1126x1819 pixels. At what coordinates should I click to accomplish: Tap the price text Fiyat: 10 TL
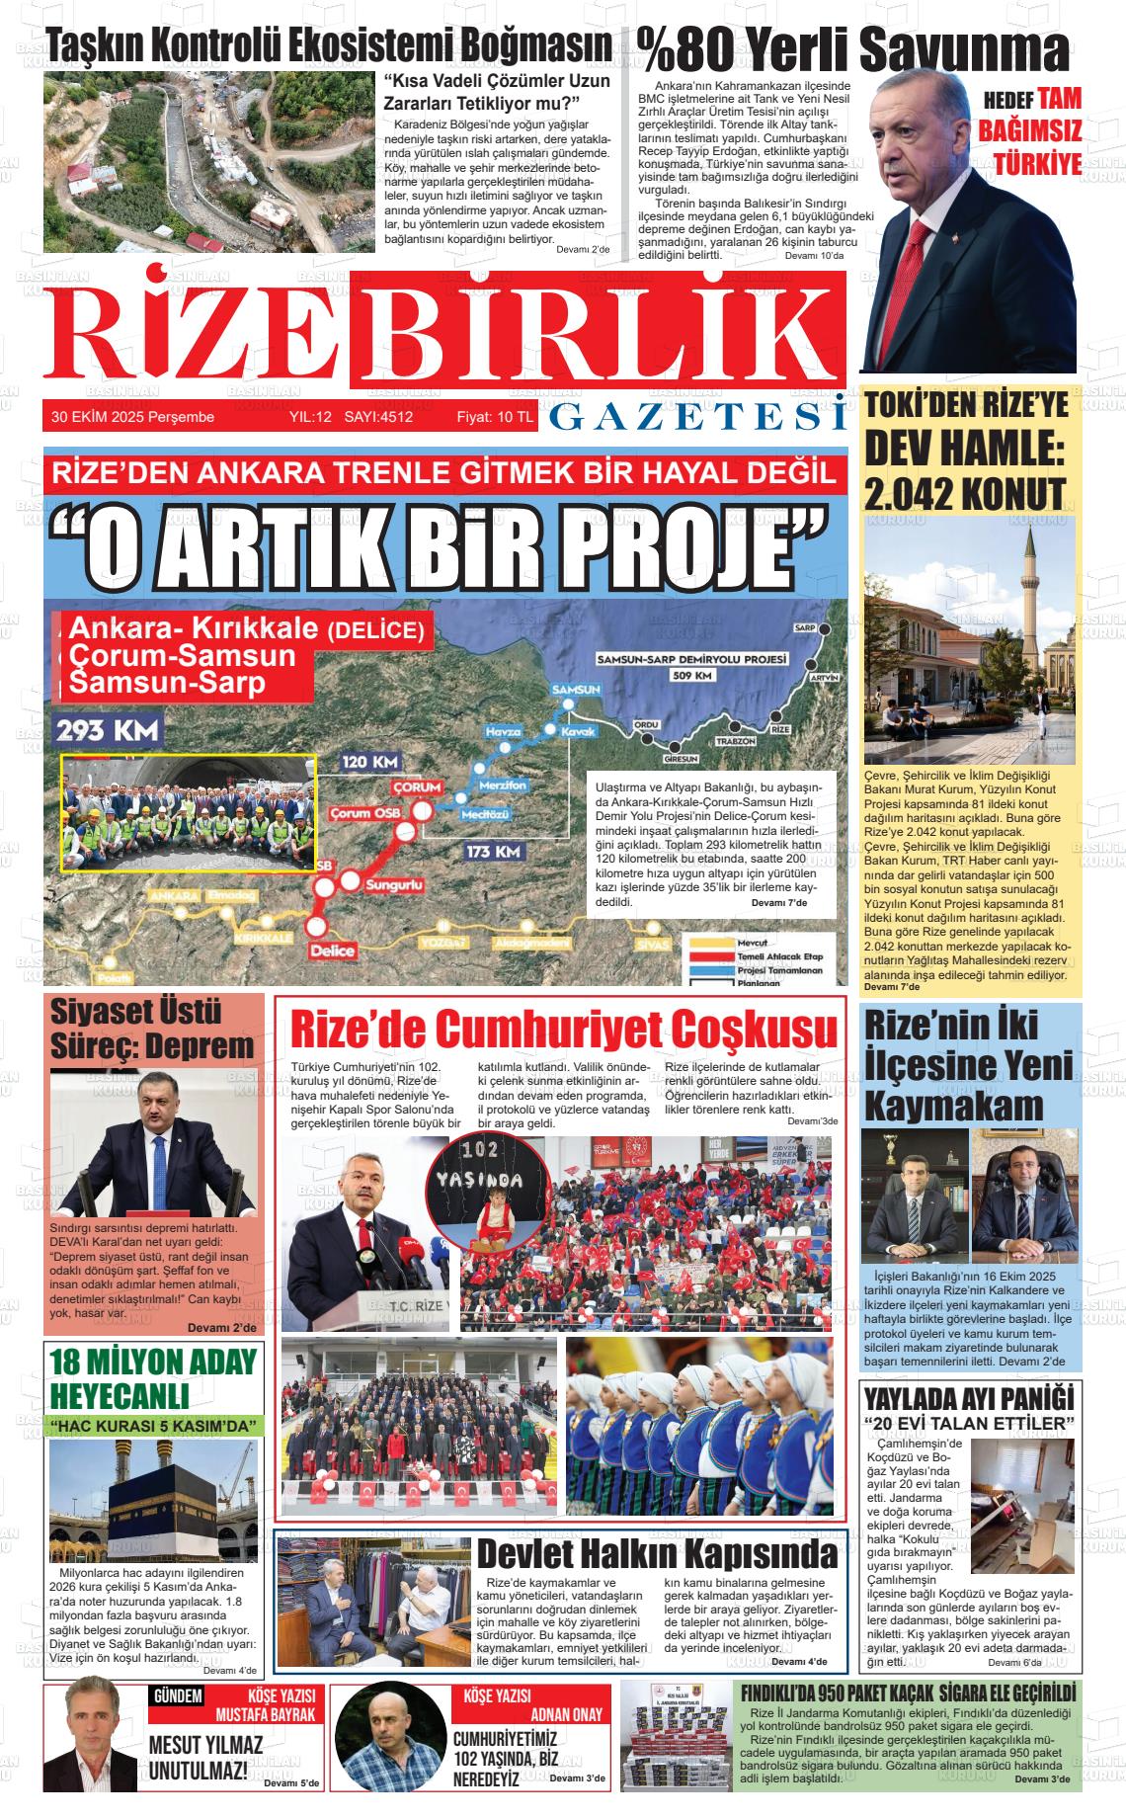494,417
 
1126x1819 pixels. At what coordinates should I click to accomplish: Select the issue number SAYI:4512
378,417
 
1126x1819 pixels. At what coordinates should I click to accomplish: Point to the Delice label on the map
332,951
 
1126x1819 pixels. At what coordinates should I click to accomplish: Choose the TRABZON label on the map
735,741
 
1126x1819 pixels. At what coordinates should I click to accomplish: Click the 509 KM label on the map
691,676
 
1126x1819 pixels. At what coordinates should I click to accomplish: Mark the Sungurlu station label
394,885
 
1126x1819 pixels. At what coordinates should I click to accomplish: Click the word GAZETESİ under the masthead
696,419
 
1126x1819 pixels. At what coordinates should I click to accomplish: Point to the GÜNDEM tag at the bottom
178,1696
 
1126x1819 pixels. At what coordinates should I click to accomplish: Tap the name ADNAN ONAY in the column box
566,1713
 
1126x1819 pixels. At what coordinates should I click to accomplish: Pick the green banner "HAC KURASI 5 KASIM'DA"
156,1426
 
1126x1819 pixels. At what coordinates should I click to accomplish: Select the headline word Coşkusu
752,1030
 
